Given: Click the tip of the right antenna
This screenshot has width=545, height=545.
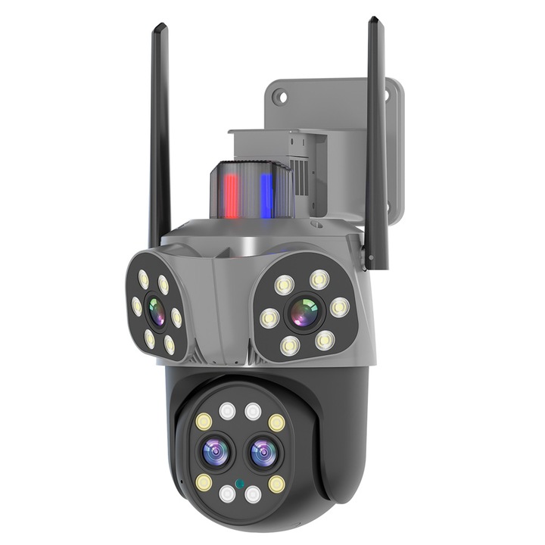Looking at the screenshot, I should pyautogui.click(x=373, y=21).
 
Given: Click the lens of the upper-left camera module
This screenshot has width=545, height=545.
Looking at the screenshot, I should pyautogui.click(x=155, y=310).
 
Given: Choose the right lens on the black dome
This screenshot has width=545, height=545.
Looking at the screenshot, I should pyautogui.click(x=262, y=453).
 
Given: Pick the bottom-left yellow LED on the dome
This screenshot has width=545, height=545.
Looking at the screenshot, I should pyautogui.click(x=203, y=482).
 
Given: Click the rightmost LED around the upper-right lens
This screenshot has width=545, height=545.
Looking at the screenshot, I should pyautogui.click(x=340, y=307).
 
